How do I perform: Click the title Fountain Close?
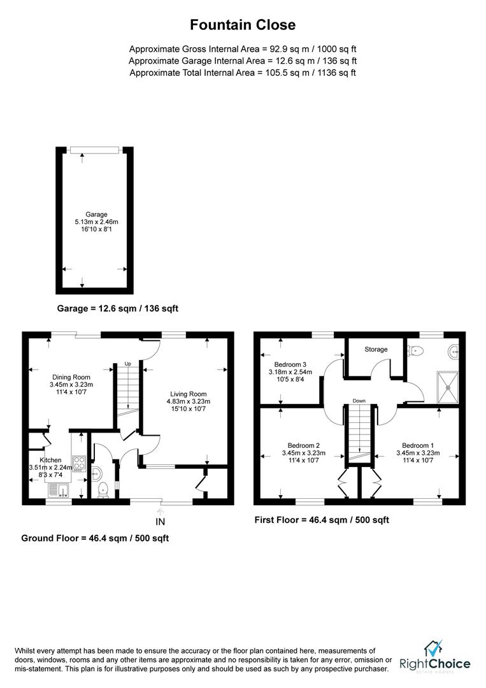[243, 25]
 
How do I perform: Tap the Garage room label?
[97, 215]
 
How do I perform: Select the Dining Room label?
[71, 377]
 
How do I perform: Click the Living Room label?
[188, 394]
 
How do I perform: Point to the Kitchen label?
[51, 459]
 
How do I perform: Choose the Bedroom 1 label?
[418, 445]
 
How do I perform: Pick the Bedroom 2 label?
[303, 445]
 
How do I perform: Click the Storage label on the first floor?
[376, 350]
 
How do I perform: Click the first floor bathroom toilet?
[415, 350]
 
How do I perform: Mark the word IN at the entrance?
[161, 522]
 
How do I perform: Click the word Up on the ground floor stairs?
[127, 364]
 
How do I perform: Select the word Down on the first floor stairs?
[359, 401]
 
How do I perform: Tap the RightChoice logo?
[434, 658]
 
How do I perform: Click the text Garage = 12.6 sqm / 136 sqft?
[118, 308]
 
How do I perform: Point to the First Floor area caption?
[322, 520]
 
